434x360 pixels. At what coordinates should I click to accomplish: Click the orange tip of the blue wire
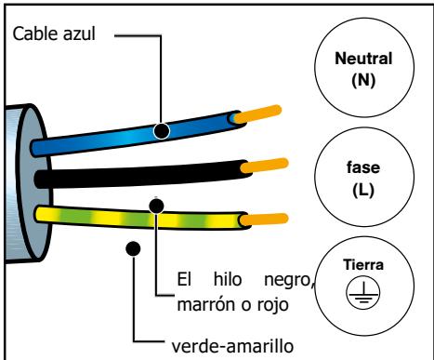(255, 117)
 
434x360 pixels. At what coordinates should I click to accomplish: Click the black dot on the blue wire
(162, 131)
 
